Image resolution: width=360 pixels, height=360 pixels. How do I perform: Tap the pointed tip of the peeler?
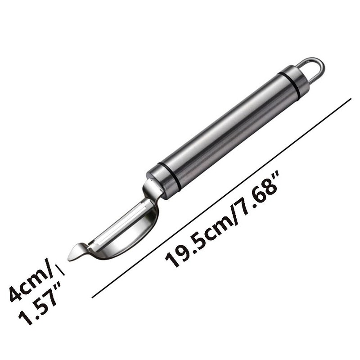[x=68, y=260]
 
